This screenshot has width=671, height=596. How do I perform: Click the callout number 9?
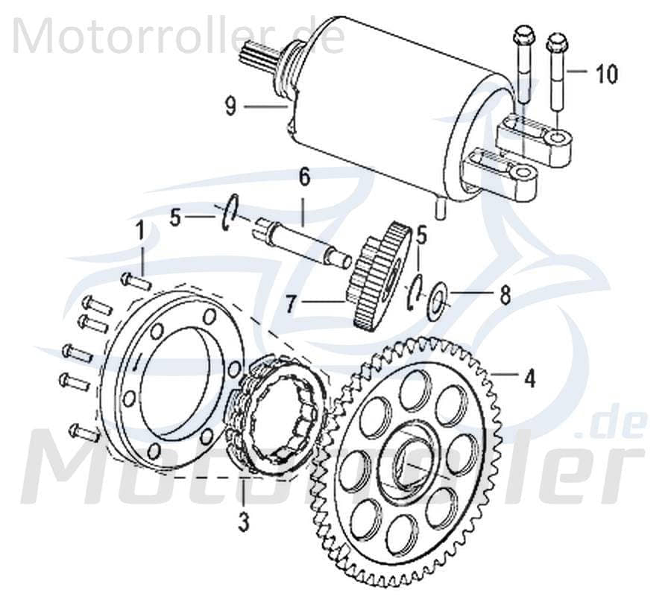[230, 107]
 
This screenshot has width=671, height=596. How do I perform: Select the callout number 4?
[529, 378]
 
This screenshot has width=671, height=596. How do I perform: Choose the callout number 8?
[505, 296]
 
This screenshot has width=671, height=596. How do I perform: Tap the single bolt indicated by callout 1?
[135, 282]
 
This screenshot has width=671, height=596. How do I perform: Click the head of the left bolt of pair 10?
[521, 35]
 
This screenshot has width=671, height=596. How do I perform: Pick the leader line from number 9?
[264, 107]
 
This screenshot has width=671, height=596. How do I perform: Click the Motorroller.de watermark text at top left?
[179, 34]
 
